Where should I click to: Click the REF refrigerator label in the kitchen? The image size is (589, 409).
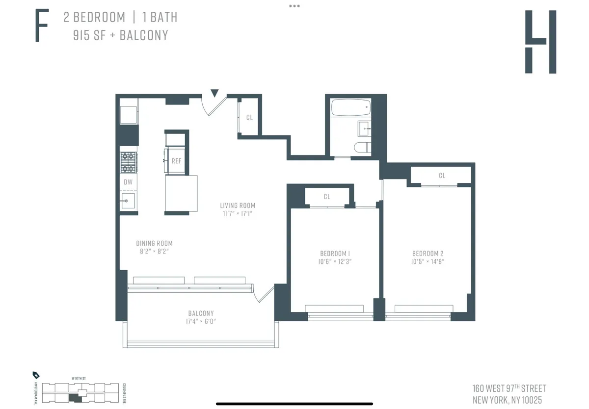pyautogui.click(x=176, y=161)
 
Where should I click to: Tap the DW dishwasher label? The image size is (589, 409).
pyautogui.click(x=128, y=182)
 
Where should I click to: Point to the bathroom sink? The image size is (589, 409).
pyautogui.click(x=365, y=128)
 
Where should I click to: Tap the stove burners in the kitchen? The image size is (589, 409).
pyautogui.click(x=128, y=162)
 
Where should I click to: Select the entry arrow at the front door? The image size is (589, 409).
pyautogui.click(x=214, y=93)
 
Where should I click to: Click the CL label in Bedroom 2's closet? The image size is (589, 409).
pyautogui.click(x=442, y=176)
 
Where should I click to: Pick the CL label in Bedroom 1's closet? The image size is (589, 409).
pyautogui.click(x=327, y=197)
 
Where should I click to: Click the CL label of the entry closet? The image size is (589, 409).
pyautogui.click(x=249, y=117)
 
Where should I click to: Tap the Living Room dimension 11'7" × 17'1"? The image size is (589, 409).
pyautogui.click(x=238, y=214)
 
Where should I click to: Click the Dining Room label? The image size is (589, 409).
pyautogui.click(x=154, y=243)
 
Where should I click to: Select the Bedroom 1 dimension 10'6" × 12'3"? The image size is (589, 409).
pyautogui.click(x=335, y=262)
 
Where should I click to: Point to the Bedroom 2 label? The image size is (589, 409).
pyautogui.click(x=428, y=254)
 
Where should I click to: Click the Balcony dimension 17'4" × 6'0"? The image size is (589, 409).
pyautogui.click(x=201, y=322)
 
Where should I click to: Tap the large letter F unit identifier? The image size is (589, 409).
pyautogui.click(x=42, y=26)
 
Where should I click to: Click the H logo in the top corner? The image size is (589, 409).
pyautogui.click(x=540, y=42)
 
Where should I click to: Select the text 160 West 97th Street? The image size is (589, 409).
pyautogui.click(x=509, y=388)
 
